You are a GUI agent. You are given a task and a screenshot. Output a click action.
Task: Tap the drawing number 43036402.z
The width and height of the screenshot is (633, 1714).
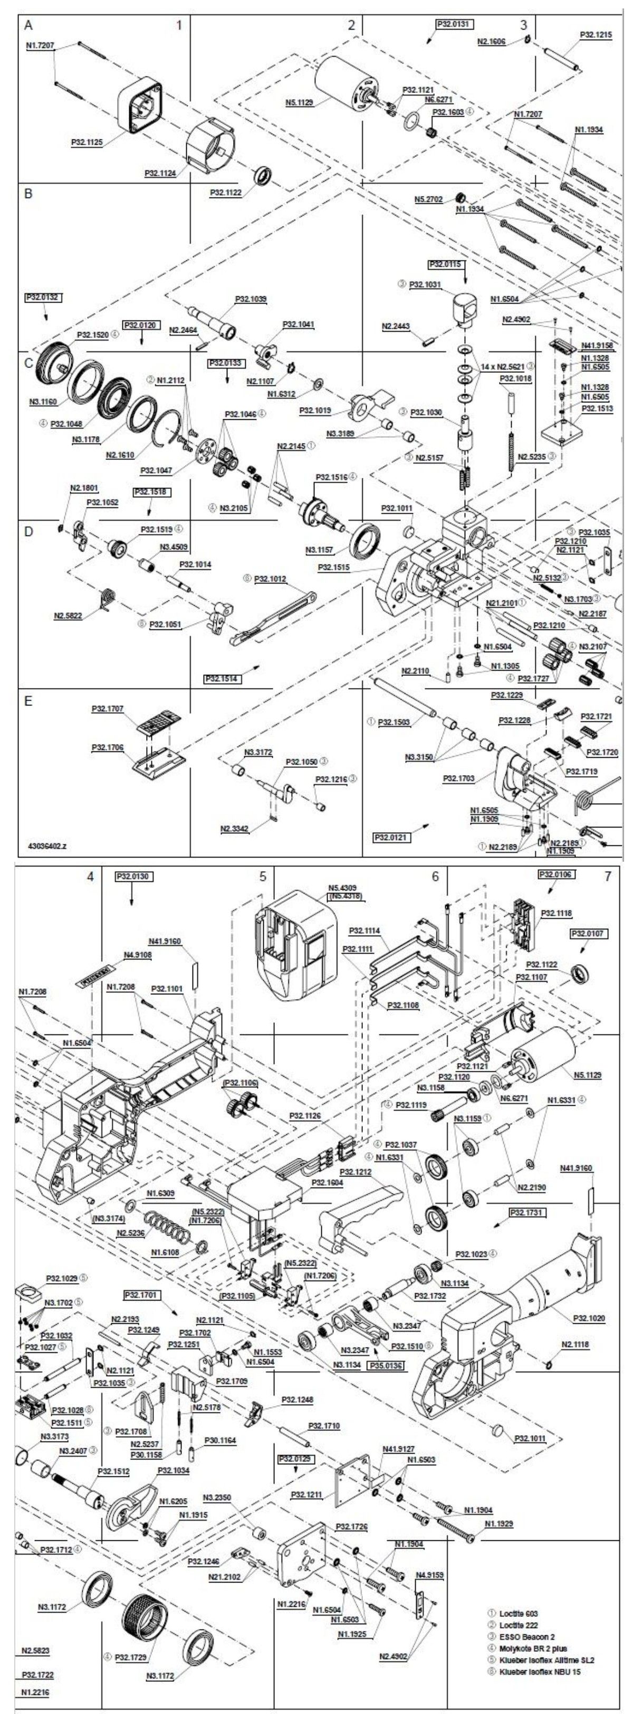47,846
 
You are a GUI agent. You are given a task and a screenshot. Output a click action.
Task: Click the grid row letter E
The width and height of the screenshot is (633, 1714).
28,701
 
